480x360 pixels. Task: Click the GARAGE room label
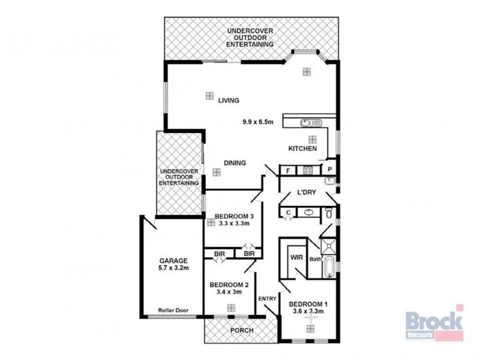pyautogui.click(x=173, y=261)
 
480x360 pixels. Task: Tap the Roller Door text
pyautogui.click(x=173, y=310)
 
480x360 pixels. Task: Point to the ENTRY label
pyautogui.click(x=266, y=299)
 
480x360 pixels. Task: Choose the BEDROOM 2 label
pyautogui.click(x=230, y=284)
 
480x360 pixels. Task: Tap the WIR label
pyautogui.click(x=296, y=257)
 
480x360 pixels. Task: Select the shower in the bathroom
pyautogui.click(x=328, y=245)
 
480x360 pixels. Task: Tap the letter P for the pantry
pyautogui.click(x=329, y=170)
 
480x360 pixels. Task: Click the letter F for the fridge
pyautogui.click(x=289, y=170)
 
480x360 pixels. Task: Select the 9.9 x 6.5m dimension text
pyautogui.click(x=258, y=122)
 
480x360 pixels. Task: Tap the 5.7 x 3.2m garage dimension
pyautogui.click(x=173, y=268)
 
